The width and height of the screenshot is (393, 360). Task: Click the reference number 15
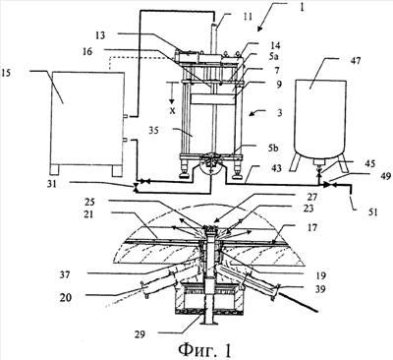7,73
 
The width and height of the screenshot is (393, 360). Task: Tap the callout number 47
353,61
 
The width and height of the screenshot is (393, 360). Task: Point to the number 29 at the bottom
140,334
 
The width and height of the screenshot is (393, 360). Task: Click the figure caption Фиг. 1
205,349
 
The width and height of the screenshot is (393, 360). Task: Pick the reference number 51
371,212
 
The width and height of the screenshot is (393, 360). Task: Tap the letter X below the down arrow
172,111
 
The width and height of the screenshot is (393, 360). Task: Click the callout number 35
153,131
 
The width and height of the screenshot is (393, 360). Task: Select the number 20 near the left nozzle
66,298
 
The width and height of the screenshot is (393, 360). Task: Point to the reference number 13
100,35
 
